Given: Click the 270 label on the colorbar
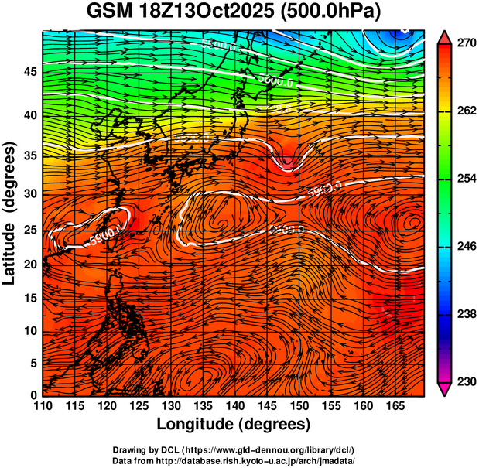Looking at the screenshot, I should click(x=464, y=43).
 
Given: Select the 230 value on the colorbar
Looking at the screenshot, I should click(x=464, y=381).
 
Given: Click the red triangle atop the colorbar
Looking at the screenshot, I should click(x=446, y=37).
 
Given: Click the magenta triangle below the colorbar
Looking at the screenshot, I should click(x=446, y=389).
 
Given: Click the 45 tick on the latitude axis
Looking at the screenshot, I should click(x=30, y=72).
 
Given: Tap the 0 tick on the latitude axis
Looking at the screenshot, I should click(x=34, y=395).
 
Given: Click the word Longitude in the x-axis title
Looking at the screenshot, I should click(x=200, y=424).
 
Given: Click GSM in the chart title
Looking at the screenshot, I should click(x=107, y=12).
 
